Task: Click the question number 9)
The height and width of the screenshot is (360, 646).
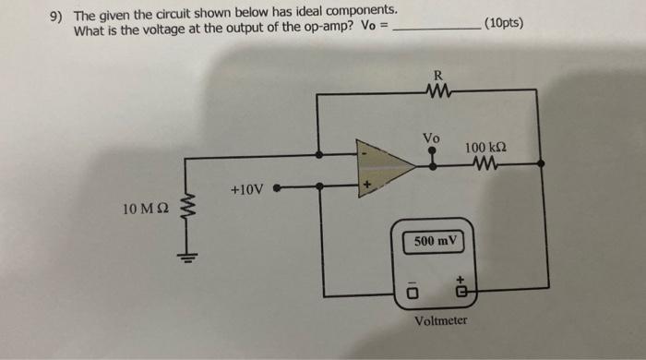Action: (57, 15)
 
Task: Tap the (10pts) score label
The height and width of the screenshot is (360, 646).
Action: (501, 21)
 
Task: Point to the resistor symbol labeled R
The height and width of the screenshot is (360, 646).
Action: (438, 90)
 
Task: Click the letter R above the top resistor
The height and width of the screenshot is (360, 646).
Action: (438, 75)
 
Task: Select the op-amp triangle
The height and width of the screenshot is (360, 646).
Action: (385, 165)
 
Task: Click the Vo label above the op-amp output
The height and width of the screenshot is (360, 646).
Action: (431, 138)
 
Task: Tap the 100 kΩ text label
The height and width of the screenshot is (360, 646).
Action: (487, 148)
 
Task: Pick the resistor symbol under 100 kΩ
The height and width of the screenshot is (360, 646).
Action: (486, 164)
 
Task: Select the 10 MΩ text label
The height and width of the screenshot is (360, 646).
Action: (144, 210)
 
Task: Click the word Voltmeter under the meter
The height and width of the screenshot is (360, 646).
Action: (440, 321)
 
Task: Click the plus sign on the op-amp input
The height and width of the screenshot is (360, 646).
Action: (366, 185)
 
